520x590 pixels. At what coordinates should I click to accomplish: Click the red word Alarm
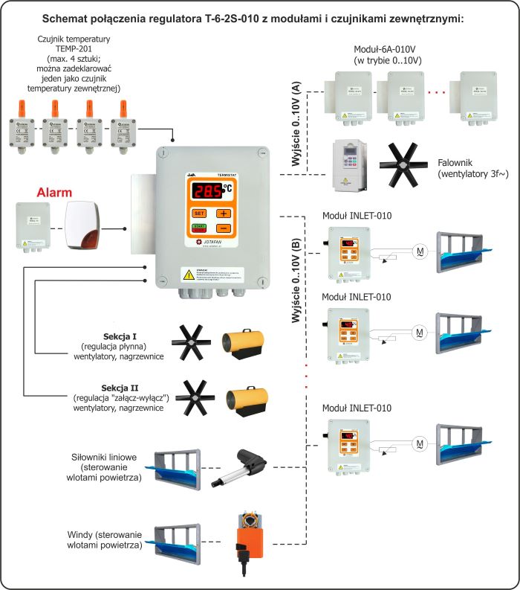(x=55, y=193)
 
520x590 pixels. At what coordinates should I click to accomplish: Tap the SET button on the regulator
(x=198, y=213)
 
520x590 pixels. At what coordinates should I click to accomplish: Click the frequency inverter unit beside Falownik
(x=351, y=164)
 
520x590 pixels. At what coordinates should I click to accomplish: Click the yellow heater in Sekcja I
(x=244, y=341)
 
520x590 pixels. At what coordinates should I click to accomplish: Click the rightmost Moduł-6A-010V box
(x=478, y=97)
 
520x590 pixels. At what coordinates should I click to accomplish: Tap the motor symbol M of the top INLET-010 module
(x=420, y=251)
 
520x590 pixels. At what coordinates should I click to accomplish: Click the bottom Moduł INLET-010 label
(x=357, y=408)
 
